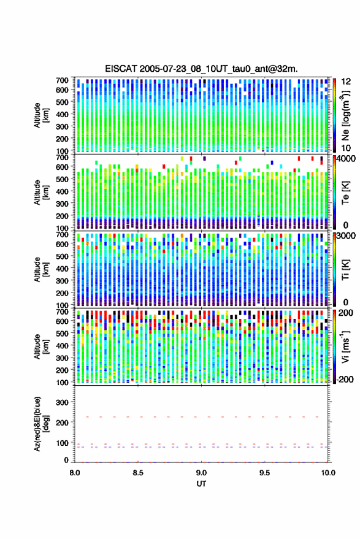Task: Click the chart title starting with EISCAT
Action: pos(201,69)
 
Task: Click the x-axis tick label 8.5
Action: pos(138,473)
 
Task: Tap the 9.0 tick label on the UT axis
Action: pos(202,473)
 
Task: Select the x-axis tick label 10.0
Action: pos(328,473)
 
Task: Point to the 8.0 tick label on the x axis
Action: pos(75,473)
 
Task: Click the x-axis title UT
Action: pos(201,484)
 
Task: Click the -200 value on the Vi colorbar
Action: pos(344,380)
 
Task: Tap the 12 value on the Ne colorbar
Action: pos(346,82)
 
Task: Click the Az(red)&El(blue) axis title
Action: pos(41,424)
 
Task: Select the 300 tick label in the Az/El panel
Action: pos(62,402)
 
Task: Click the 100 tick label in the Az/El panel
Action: pos(62,443)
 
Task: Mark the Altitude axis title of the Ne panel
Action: pos(41,115)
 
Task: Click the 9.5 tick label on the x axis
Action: pos(264,473)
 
